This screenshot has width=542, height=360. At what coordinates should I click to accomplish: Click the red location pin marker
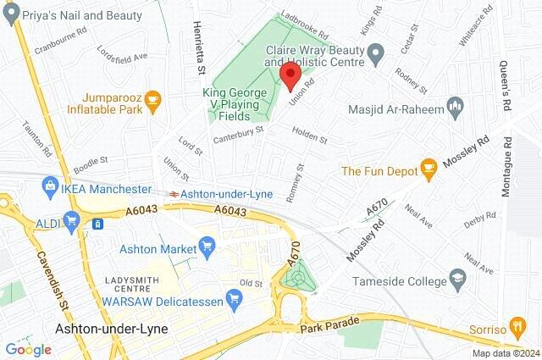click(290, 75)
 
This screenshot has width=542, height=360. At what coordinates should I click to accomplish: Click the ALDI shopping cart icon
click(71, 222)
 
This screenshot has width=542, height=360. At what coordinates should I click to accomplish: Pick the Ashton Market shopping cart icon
click(207, 248)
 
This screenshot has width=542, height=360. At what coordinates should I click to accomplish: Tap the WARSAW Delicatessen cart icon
click(234, 298)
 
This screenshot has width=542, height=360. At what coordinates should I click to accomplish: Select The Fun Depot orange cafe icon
click(429, 170)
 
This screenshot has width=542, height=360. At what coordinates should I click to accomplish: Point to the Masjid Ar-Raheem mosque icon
click(455, 108)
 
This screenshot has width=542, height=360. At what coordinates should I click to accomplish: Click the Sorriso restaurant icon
click(519, 327)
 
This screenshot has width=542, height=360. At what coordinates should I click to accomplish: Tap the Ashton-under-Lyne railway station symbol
click(173, 193)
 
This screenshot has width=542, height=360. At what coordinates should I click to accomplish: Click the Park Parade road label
click(330, 323)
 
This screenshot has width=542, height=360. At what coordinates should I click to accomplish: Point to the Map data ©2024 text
click(505, 353)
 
